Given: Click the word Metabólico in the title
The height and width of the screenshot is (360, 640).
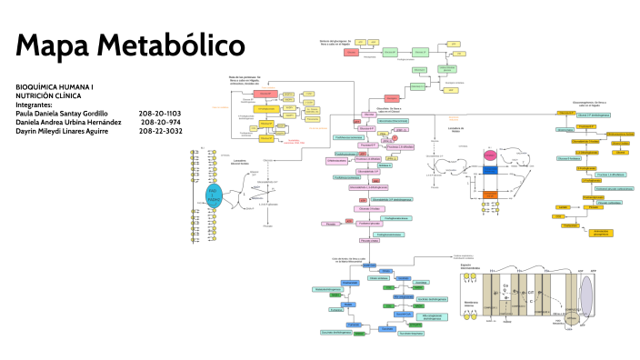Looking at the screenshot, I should pos(172,45).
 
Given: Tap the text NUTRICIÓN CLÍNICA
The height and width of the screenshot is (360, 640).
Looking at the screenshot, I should pos(47,95).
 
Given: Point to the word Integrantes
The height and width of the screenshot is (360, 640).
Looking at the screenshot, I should pos(35,105).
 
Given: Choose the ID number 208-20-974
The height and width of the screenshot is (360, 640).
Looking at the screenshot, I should pos(161,122).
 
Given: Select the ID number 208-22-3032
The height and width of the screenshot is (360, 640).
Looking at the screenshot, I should pos(160,131).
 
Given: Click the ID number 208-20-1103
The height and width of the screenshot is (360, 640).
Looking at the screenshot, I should pos(160,113).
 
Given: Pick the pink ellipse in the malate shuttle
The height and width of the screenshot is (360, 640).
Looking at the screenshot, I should pos(489,157).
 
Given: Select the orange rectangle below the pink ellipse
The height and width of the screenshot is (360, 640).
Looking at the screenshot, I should pos(489,194).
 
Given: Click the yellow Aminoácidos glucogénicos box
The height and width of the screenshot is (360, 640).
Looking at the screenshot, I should pos(601,233).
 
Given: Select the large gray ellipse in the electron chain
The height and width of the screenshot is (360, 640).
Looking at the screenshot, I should pos(585,299).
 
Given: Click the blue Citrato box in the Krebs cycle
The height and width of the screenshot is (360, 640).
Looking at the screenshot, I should pos(386,272).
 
